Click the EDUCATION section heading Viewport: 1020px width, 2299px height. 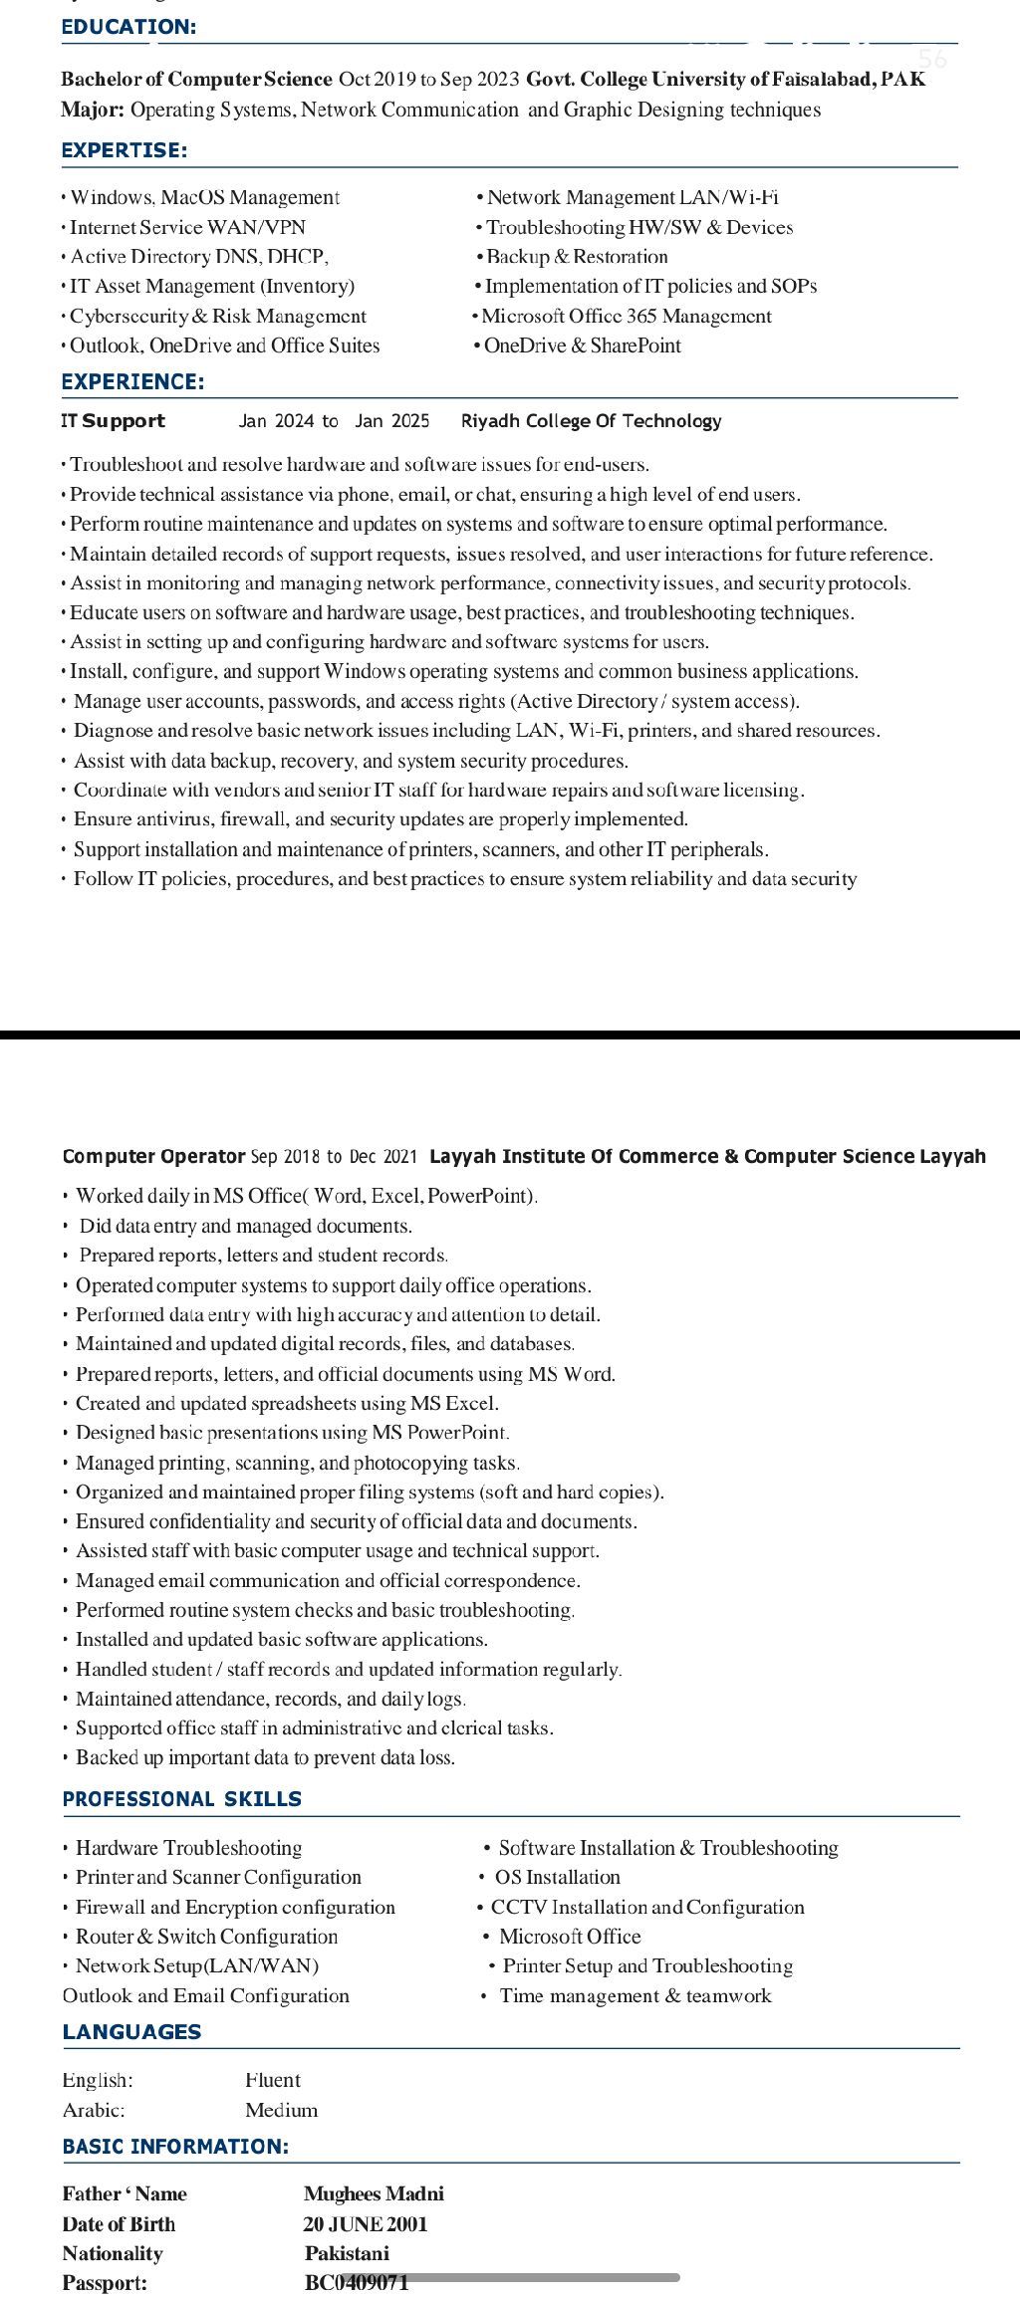pos(128,27)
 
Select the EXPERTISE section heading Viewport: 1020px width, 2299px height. pos(124,150)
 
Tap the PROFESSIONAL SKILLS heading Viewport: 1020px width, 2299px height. pos(181,1798)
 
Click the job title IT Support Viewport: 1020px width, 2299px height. pos(113,420)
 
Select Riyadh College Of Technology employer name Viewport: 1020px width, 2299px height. pos(591,420)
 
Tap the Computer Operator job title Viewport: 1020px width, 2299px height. pos(153,1156)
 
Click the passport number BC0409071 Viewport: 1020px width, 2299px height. pos(356,2282)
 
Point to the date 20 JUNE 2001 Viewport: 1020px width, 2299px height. pos(365,2223)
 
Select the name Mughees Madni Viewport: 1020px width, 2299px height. pos(374,2193)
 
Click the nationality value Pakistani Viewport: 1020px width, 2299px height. pos(347,2253)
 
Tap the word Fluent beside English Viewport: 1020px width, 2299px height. pos(272,2080)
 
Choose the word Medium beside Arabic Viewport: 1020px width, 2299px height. pos(281,2110)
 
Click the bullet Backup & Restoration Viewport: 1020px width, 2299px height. pos(577,256)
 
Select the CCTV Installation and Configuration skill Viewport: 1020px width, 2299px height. pos(647,1907)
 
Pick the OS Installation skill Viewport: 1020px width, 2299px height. pos(557,1877)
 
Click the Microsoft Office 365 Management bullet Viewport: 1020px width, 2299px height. pos(626,316)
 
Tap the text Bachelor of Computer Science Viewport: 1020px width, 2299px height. pos(196,79)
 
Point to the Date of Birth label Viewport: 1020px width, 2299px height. pos(119,2223)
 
